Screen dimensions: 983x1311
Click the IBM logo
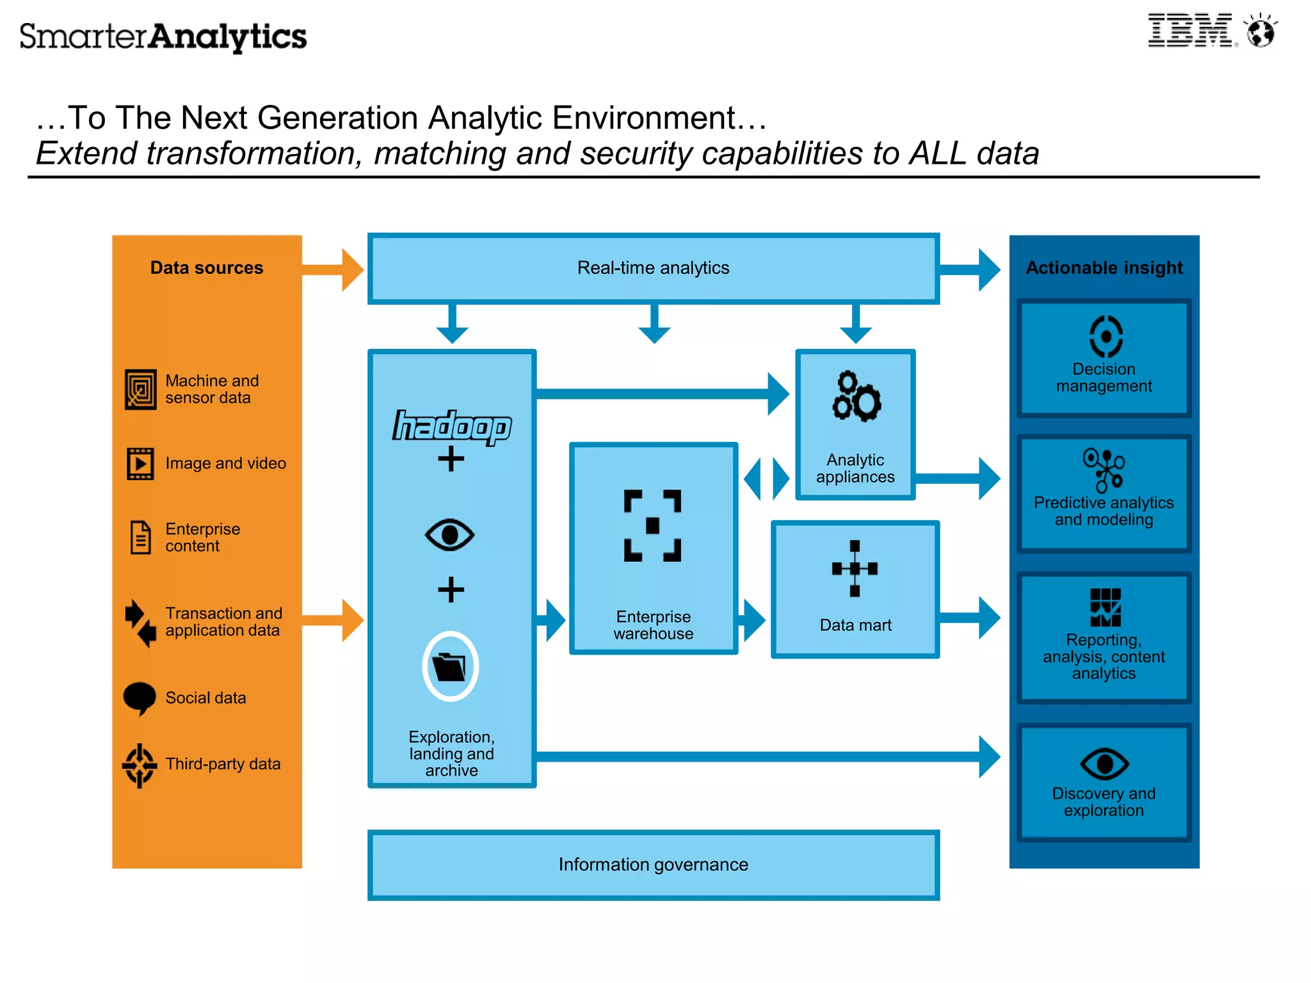click(1189, 31)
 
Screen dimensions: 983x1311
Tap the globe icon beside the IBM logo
click(1260, 31)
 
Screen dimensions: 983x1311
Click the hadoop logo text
click(452, 426)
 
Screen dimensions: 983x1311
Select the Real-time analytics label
click(653, 268)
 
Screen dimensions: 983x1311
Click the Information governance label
click(653, 865)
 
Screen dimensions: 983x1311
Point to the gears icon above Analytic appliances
click(856, 396)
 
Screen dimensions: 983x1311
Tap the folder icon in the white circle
click(450, 667)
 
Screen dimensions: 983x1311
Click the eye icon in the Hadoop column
click(450, 534)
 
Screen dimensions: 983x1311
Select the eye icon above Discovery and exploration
click(1104, 763)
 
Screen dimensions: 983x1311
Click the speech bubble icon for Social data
click(140, 698)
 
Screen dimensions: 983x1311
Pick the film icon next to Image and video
click(140, 463)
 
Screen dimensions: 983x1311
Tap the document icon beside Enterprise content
click(141, 537)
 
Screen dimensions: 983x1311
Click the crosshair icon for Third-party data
click(140, 765)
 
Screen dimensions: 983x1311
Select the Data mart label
click(855, 625)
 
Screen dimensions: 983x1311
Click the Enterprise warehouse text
click(653, 625)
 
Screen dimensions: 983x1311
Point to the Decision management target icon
click(1106, 336)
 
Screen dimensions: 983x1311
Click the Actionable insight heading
click(1104, 268)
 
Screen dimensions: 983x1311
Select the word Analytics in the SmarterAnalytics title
click(228, 36)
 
